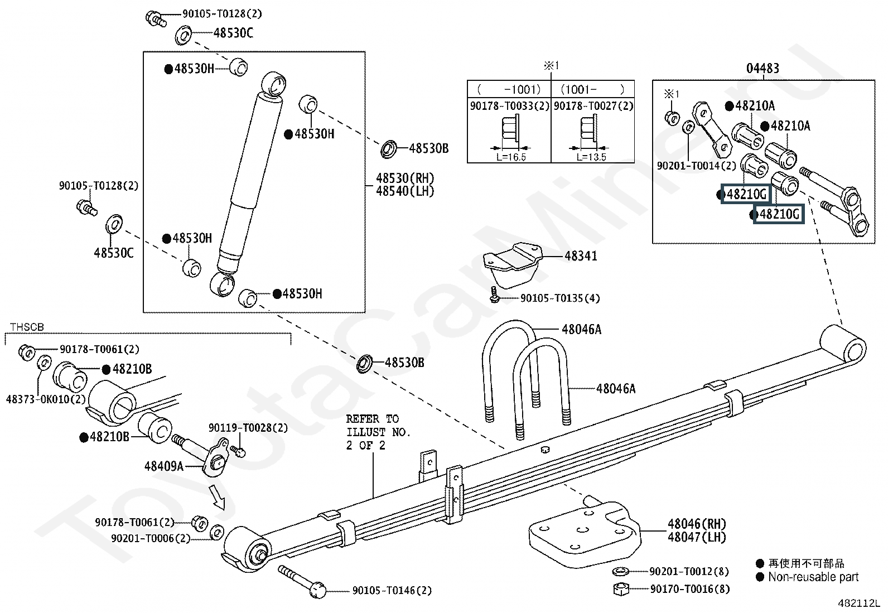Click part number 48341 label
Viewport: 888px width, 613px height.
point(580,256)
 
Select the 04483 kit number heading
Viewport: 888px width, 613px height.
point(762,68)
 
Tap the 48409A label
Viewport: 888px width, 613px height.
point(164,466)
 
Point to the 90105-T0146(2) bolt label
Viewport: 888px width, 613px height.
point(392,590)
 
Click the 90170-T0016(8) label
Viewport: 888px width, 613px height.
point(690,589)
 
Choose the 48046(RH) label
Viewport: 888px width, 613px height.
point(697,524)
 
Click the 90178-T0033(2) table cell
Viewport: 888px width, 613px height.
point(509,106)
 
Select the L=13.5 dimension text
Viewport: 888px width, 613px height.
point(591,157)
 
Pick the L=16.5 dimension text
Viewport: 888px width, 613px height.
point(511,157)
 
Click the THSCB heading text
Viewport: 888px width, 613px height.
point(27,327)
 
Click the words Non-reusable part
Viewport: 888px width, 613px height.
point(813,577)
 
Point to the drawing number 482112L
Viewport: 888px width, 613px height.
point(858,603)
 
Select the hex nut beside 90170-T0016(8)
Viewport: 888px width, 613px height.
point(621,589)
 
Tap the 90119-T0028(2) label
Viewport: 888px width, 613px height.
point(248,427)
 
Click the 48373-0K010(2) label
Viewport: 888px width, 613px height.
point(46,399)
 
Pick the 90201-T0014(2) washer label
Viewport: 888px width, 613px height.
point(697,165)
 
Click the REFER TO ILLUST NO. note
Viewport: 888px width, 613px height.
point(378,432)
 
